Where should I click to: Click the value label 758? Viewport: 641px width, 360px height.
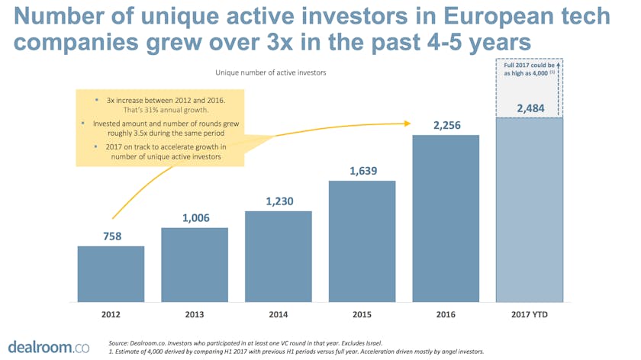tap(111, 236)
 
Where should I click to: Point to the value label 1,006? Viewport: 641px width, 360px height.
tap(195, 218)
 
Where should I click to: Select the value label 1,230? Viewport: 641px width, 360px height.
tap(279, 201)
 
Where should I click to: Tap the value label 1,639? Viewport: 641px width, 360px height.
tap(362, 171)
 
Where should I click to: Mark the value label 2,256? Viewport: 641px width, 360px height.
tap(446, 125)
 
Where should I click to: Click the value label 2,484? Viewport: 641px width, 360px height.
tap(530, 109)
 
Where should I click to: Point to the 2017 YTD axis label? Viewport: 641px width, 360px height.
tap(530, 314)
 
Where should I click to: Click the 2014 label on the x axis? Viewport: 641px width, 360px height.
tap(279, 314)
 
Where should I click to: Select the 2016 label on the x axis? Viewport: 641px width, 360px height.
tap(446, 314)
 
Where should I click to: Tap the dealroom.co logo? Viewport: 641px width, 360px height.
tap(48, 347)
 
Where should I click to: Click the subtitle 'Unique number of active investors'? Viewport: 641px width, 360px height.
tap(271, 73)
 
